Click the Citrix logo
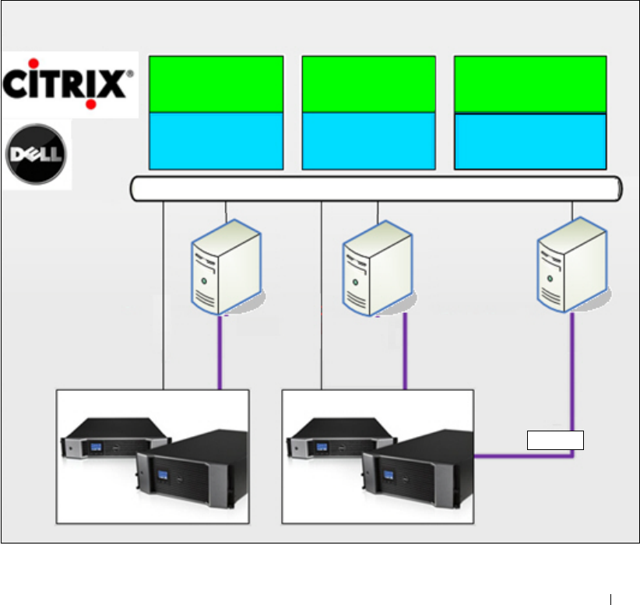click(69, 83)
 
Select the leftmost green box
click(216, 84)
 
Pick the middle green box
click(368, 84)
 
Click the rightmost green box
click(530, 84)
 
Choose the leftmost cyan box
click(216, 140)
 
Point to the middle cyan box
click(368, 140)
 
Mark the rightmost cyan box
click(530, 141)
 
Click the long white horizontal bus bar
click(376, 188)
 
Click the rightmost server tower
click(572, 266)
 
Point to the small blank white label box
click(555, 440)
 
